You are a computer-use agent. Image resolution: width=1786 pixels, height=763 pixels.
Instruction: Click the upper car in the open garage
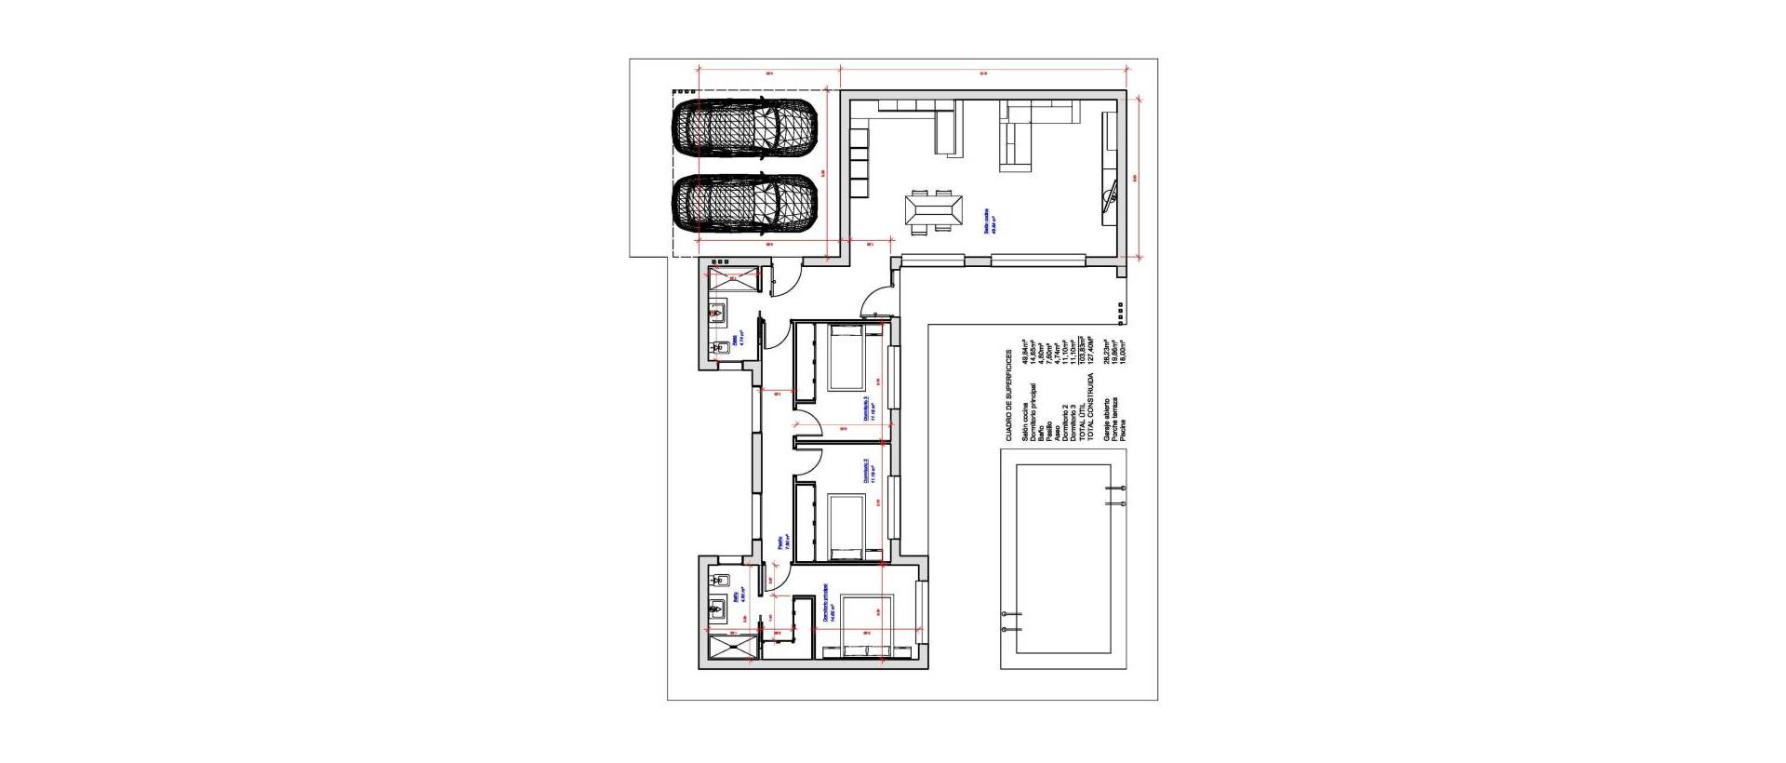pyautogui.click(x=745, y=129)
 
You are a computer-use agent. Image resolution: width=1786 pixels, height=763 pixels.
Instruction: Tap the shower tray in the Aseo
pyautogui.click(x=734, y=277)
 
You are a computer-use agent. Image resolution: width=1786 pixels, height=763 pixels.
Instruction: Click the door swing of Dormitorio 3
pyautogui.click(x=808, y=421)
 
